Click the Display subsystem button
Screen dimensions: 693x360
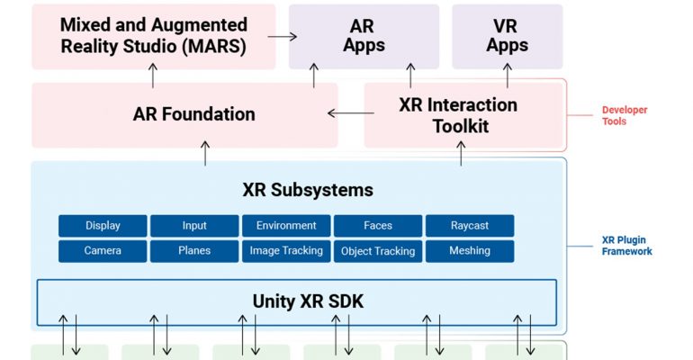[x=103, y=226]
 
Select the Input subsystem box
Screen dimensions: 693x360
[x=194, y=226]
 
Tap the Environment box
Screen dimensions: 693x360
[x=286, y=226]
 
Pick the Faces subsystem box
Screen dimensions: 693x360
[x=378, y=226]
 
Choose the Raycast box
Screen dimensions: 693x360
[x=470, y=226]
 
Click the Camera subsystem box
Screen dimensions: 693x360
[x=103, y=251]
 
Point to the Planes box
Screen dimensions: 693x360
[x=194, y=251]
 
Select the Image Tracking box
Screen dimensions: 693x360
[x=286, y=251]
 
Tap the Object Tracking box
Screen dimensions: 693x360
[x=378, y=251]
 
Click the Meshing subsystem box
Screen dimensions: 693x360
[x=470, y=251]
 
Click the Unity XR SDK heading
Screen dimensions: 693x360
[x=308, y=301]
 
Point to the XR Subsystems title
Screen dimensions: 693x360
[x=308, y=190]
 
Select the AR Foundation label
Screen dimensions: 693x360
[x=194, y=114]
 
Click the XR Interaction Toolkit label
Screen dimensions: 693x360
[x=458, y=115]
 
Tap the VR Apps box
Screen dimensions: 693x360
[x=508, y=37]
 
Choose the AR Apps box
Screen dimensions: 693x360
[x=364, y=37]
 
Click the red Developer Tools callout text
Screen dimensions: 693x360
[x=624, y=116]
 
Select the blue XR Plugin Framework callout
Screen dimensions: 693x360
[x=626, y=246]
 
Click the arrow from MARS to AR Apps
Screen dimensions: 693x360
[x=283, y=37]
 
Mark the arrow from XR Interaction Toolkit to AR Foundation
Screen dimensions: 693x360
[x=351, y=113]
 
